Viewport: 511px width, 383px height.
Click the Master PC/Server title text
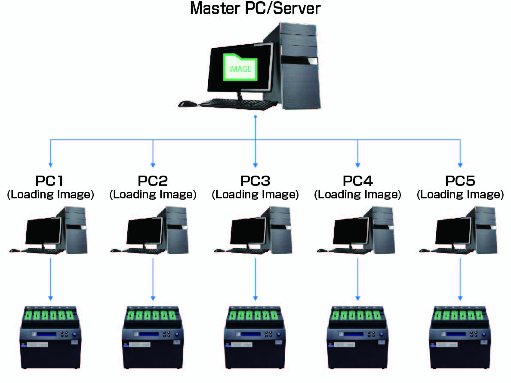tap(255, 9)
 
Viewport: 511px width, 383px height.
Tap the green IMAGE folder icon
tap(240, 68)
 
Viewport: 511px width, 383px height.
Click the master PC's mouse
tap(187, 104)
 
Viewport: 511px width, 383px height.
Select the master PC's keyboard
tap(239, 103)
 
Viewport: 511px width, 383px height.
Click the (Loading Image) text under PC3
tap(255, 195)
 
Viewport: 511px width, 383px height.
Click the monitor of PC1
tap(43, 232)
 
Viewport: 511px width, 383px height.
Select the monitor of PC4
tap(351, 232)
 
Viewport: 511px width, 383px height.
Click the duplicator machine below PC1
tap(50, 337)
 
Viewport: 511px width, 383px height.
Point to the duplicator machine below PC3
tap(255, 337)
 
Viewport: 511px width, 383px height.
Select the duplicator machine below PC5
tap(460, 337)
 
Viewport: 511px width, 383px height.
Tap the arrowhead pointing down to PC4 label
tap(358, 165)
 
